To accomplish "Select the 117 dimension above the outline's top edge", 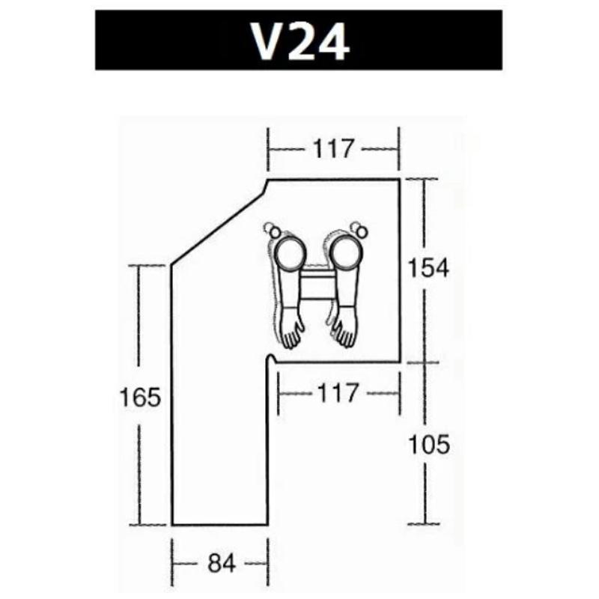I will click(333, 149).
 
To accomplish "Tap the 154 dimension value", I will click(428, 267).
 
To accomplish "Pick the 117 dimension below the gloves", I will click(338, 392).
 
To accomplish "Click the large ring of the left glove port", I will click(289, 252).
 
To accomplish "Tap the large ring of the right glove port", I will click(346, 252).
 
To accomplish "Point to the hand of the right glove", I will click(344, 329).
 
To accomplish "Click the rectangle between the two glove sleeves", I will click(317, 286).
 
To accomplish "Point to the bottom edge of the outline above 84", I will click(219, 525).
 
